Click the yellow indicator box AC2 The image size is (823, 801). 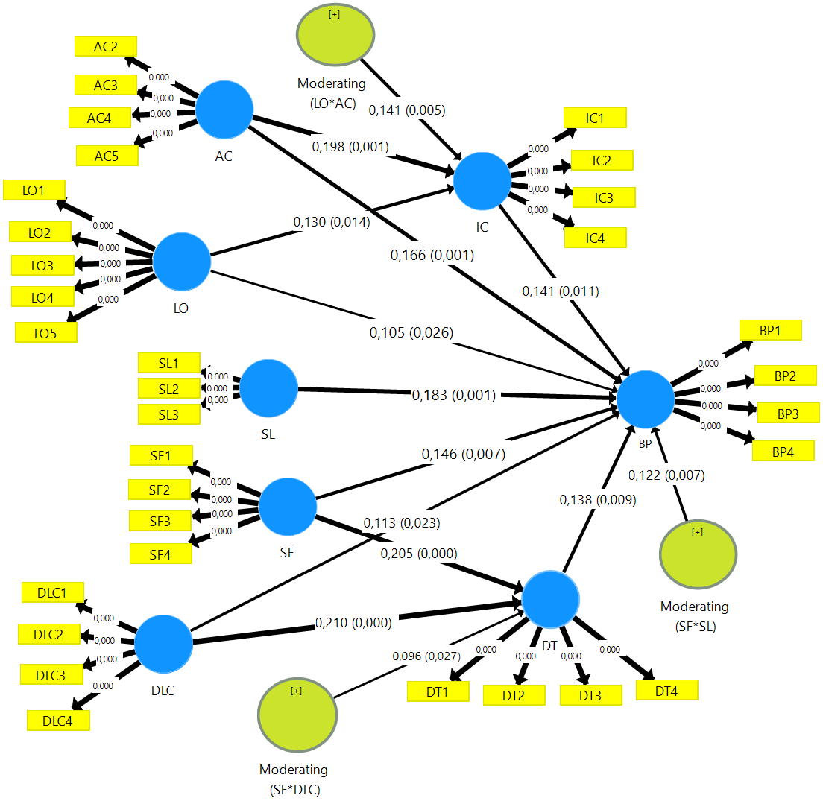pos(106,46)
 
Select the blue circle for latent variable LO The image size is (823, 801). pos(182,262)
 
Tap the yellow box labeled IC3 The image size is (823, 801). pos(604,197)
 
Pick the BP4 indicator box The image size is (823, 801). pos(783,451)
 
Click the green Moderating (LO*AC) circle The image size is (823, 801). pos(335,34)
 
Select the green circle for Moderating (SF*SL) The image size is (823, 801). pos(699,554)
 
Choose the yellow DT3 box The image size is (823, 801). pos(591,695)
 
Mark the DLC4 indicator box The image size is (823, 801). pos(58,721)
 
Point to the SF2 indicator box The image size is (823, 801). pos(160,490)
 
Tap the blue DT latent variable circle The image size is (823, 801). pos(551,600)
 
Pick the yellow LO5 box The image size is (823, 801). pos(46,332)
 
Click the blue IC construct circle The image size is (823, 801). pos(482,181)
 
